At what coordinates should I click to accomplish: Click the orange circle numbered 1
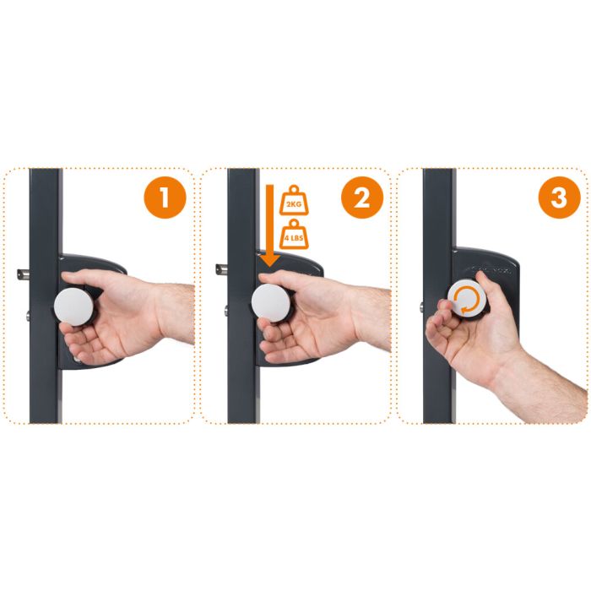coord(165,198)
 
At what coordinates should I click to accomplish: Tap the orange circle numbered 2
coord(362,198)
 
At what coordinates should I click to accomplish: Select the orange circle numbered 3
coord(559,198)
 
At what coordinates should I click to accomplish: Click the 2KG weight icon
coord(294,200)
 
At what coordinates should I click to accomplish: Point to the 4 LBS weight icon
coord(294,234)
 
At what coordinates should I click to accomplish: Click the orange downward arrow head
coord(269,260)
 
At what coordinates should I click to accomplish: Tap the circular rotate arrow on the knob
coord(467,300)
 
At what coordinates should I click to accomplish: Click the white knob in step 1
coord(73,306)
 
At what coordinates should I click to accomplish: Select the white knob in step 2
coord(271,303)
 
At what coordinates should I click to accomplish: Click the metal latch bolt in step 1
coord(24,274)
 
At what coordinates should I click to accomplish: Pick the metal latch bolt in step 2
coord(221,269)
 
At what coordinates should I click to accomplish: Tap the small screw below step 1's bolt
coord(28,316)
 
